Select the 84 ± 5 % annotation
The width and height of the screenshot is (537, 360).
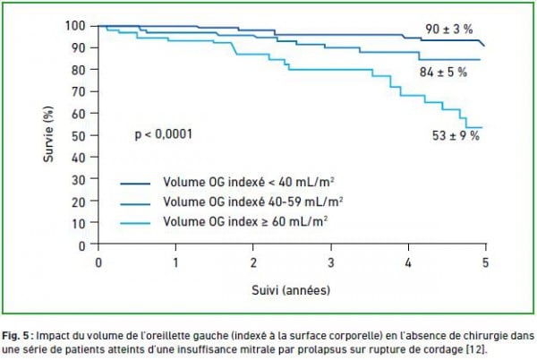444,73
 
